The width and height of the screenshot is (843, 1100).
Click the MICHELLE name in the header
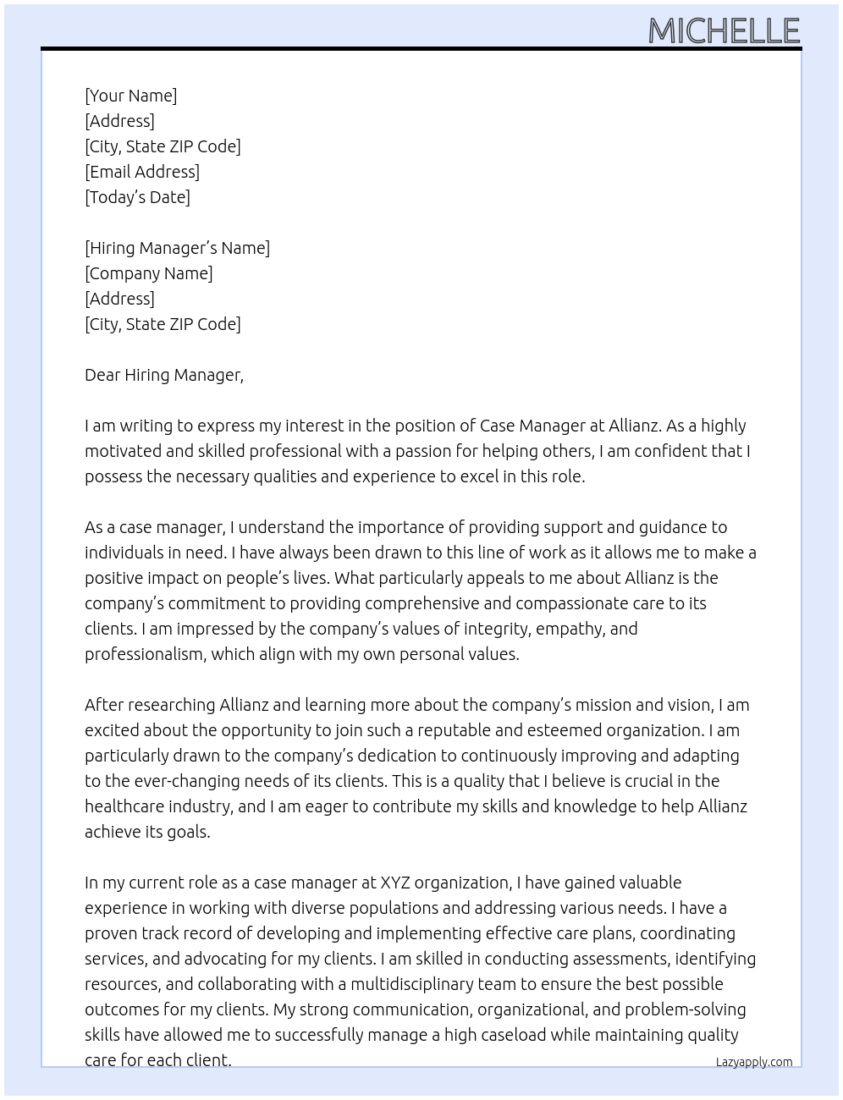(x=724, y=31)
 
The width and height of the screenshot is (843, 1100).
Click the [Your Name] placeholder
(x=130, y=96)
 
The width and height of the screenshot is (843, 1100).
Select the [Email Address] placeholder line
(x=142, y=172)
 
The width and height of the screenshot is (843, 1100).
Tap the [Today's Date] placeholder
(x=137, y=197)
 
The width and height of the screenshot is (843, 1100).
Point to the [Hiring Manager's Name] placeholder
(x=177, y=248)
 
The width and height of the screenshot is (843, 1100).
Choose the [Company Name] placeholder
(x=149, y=273)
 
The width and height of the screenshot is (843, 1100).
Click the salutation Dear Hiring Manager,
(x=164, y=375)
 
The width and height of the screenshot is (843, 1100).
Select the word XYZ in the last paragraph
(x=394, y=883)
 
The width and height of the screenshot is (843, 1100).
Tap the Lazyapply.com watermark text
(x=753, y=1062)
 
